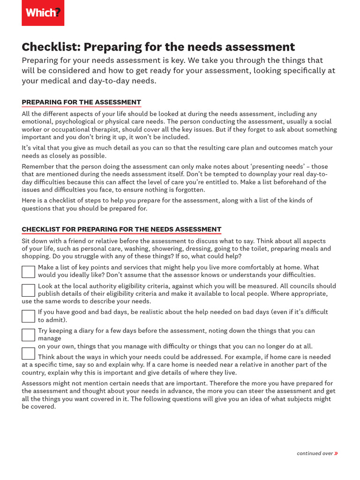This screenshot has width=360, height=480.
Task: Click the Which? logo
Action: [43, 13]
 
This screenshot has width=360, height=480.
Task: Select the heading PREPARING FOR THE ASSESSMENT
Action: [81, 102]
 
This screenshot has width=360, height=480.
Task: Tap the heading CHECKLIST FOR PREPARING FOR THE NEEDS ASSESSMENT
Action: [121, 229]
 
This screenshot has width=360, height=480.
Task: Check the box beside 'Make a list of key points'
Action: [28, 271]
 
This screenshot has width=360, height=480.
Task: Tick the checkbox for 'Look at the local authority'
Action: [28, 290]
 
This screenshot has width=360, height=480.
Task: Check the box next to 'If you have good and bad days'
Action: [28, 316]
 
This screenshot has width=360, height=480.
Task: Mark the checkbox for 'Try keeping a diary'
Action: [28, 335]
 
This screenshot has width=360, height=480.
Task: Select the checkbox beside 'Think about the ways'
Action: [28, 353]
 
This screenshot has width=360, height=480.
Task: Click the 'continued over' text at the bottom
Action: [315, 453]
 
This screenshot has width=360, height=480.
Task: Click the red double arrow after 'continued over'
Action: [336, 453]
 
